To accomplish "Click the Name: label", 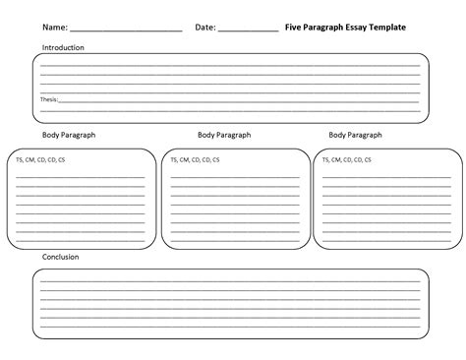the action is (55, 28).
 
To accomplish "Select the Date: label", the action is (205, 28).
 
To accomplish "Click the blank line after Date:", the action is (248, 30).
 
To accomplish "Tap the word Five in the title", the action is (293, 28).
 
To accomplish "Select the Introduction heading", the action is (63, 47).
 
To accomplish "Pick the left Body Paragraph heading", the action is (68, 135).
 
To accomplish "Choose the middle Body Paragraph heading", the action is (223, 135).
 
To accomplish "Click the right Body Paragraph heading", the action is (354, 135).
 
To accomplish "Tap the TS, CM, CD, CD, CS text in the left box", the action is (41, 158).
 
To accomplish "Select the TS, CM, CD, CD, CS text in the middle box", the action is (196, 158).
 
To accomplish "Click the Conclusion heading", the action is (61, 257).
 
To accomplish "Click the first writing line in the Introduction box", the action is (230, 66).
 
